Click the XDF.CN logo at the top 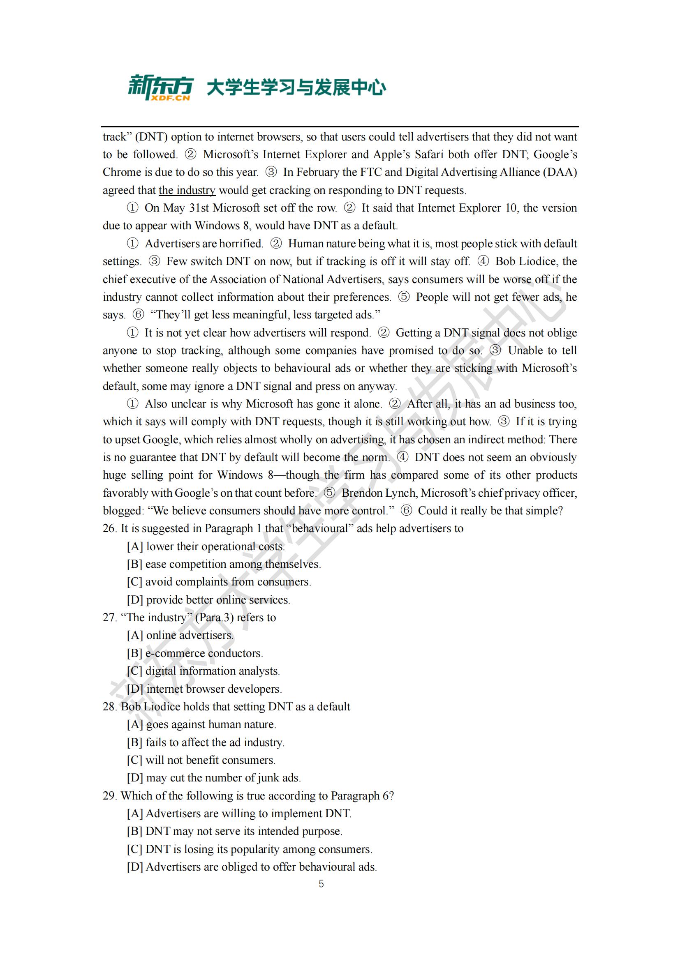160,88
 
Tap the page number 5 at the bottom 321,884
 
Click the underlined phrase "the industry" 187,191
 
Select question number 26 109,529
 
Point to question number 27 109,618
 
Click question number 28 109,707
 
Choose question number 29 109,796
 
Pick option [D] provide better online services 208,600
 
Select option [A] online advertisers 180,635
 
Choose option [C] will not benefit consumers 201,760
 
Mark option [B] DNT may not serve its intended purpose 234,831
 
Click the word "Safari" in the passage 429,154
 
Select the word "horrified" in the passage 241,244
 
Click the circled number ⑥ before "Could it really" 406,511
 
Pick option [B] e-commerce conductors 195,653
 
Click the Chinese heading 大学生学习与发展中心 296,88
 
